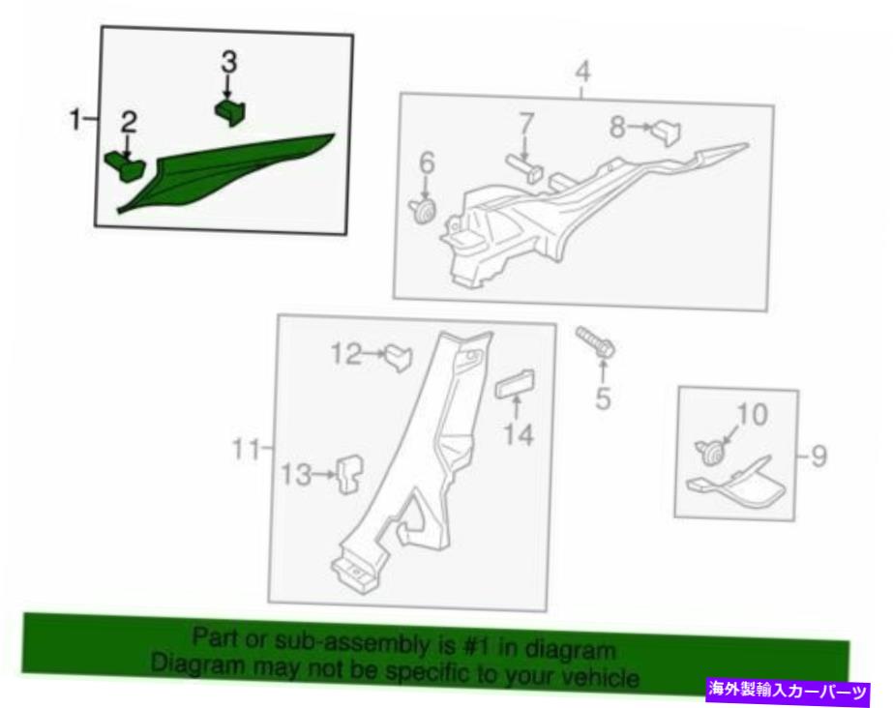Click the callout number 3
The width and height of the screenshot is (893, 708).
tap(229, 62)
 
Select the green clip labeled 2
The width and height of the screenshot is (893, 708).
tap(125, 165)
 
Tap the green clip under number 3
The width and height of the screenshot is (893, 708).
tap(229, 111)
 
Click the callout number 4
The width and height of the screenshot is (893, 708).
tap(583, 73)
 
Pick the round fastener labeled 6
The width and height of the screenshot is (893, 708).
tap(423, 210)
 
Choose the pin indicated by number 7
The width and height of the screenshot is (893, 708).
tap(524, 168)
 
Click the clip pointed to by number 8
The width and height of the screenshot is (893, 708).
tap(667, 133)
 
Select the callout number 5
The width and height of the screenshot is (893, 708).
tap(603, 398)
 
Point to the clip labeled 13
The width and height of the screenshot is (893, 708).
tap(349, 474)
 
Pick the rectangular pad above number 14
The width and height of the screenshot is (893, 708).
tap(515, 385)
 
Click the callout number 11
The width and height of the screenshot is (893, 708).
tap(246, 450)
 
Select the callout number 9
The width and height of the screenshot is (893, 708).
tap(819, 456)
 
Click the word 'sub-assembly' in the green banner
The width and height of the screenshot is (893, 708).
tap(359, 642)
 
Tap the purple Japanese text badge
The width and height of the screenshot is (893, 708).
tap(789, 691)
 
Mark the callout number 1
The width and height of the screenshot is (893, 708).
tap(74, 120)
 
